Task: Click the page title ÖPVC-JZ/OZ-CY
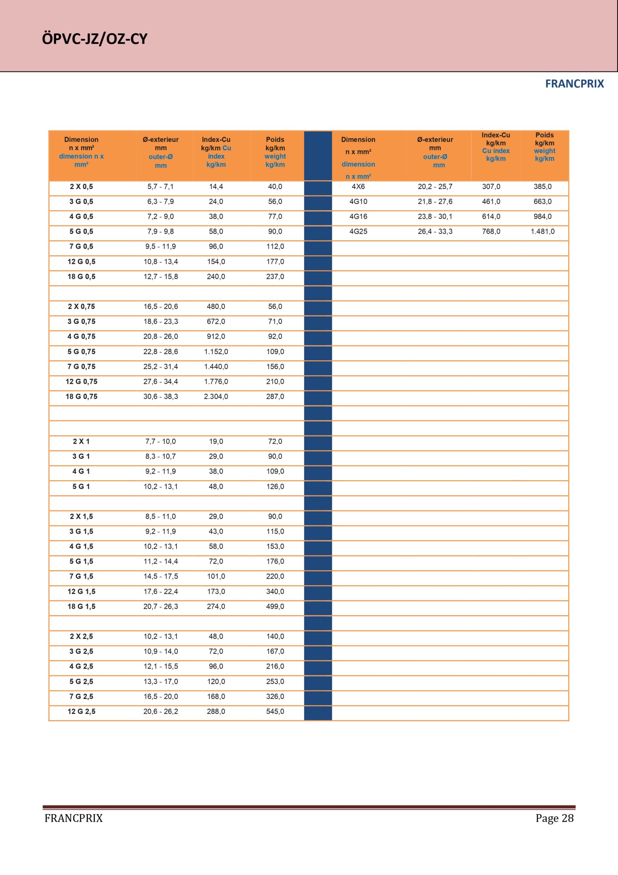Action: tap(95, 39)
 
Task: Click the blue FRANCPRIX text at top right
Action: tap(574, 84)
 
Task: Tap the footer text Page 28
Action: tap(554, 818)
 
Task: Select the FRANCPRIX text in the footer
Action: tap(73, 818)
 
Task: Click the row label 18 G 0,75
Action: tap(82, 396)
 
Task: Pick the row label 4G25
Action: tap(358, 231)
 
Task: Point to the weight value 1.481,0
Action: tap(543, 231)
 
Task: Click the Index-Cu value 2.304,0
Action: tap(216, 396)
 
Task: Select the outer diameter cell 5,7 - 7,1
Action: tap(160, 186)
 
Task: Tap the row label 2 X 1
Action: tap(81, 441)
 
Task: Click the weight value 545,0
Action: tap(275, 711)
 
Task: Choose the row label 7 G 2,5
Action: tap(81, 696)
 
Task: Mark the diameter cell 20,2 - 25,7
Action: tap(435, 186)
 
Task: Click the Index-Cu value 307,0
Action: tap(491, 186)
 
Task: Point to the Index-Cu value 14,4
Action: tap(216, 186)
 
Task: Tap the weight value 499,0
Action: tap(275, 606)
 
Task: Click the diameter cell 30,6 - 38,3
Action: tap(160, 396)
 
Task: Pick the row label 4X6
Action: tap(358, 186)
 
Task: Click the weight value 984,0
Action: tap(543, 216)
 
